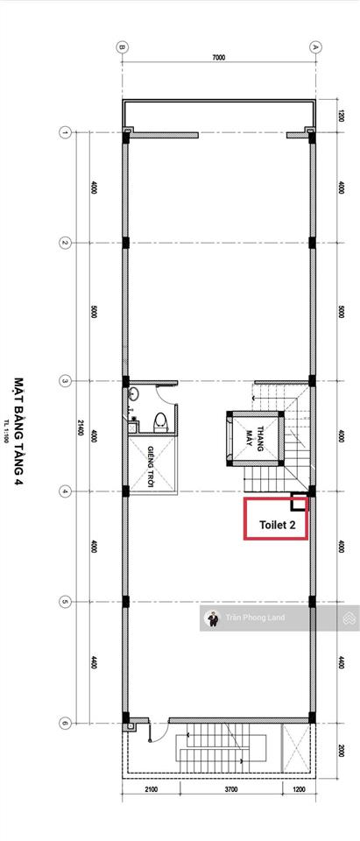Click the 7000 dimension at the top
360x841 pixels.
[x=218, y=57]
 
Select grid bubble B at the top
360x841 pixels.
[x=123, y=46]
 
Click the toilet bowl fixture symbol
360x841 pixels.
[x=159, y=421]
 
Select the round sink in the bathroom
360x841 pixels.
[x=133, y=395]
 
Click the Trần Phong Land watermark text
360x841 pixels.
[x=255, y=618]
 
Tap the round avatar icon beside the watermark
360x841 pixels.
[x=211, y=618]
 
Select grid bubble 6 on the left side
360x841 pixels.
[x=64, y=723]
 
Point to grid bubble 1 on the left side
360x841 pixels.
[x=64, y=133]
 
